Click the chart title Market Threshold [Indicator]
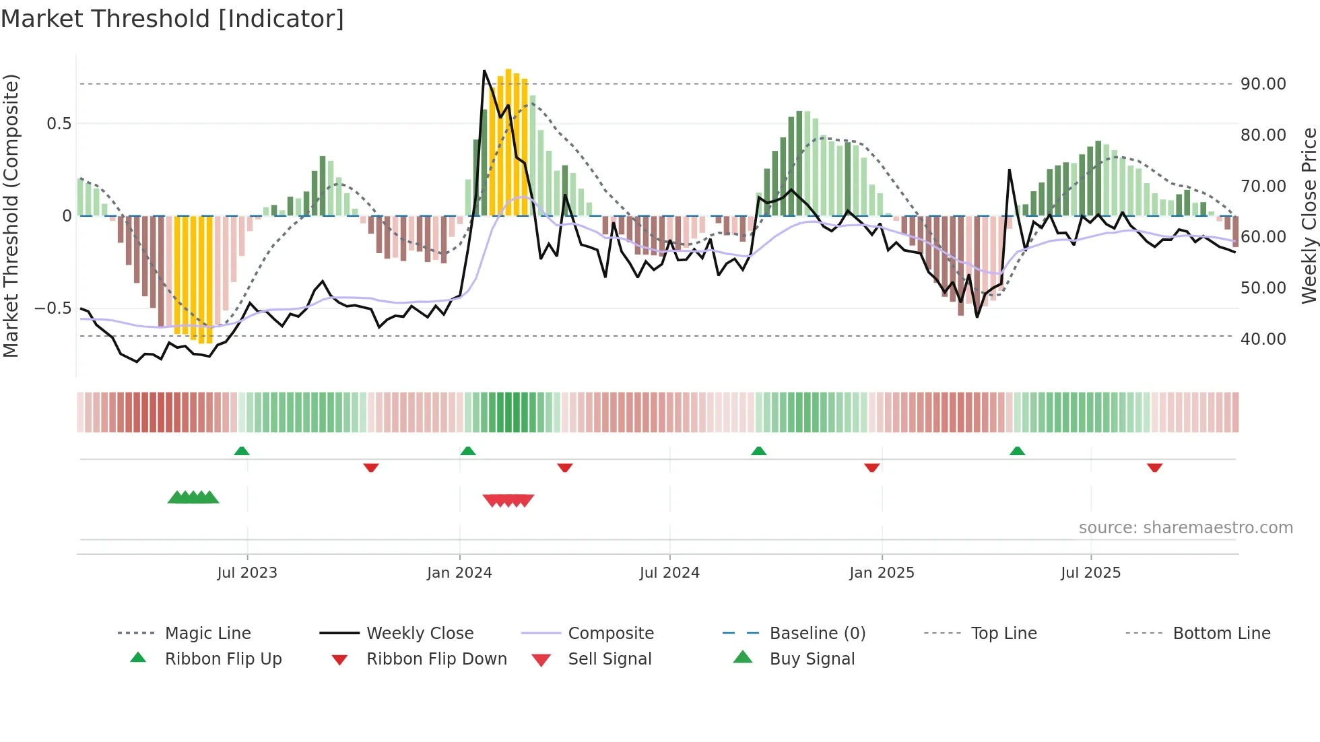pos(172,18)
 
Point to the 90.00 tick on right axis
pos(1263,84)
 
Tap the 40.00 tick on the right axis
pos(1263,339)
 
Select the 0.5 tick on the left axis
pos(59,124)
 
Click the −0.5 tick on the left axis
pos(53,308)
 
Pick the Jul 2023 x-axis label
pos(247,573)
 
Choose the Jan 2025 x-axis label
pos(882,573)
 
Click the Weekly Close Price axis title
pos(1309,215)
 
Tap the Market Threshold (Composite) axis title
pos(11,215)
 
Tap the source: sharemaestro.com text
pos(1185,528)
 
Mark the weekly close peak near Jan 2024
pos(484,71)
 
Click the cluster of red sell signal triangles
pos(508,500)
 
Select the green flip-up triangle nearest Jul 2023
pos(242,450)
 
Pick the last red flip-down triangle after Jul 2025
pos(1154,467)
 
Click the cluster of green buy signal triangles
pos(193,498)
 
